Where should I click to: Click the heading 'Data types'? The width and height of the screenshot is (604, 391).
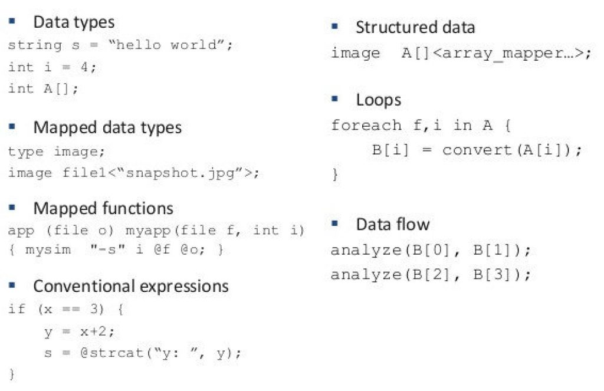click(74, 22)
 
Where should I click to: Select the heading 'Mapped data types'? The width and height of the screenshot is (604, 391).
click(107, 127)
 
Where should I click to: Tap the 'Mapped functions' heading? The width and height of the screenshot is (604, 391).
click(103, 208)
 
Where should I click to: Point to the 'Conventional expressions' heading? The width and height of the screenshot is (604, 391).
click(130, 287)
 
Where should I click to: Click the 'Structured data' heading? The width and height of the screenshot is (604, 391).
click(415, 27)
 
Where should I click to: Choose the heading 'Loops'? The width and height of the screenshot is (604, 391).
click(378, 100)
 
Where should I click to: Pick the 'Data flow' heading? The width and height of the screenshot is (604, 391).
click(392, 224)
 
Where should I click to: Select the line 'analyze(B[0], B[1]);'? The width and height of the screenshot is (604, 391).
click(431, 250)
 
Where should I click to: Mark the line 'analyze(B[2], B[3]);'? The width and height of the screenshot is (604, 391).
click(431, 274)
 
